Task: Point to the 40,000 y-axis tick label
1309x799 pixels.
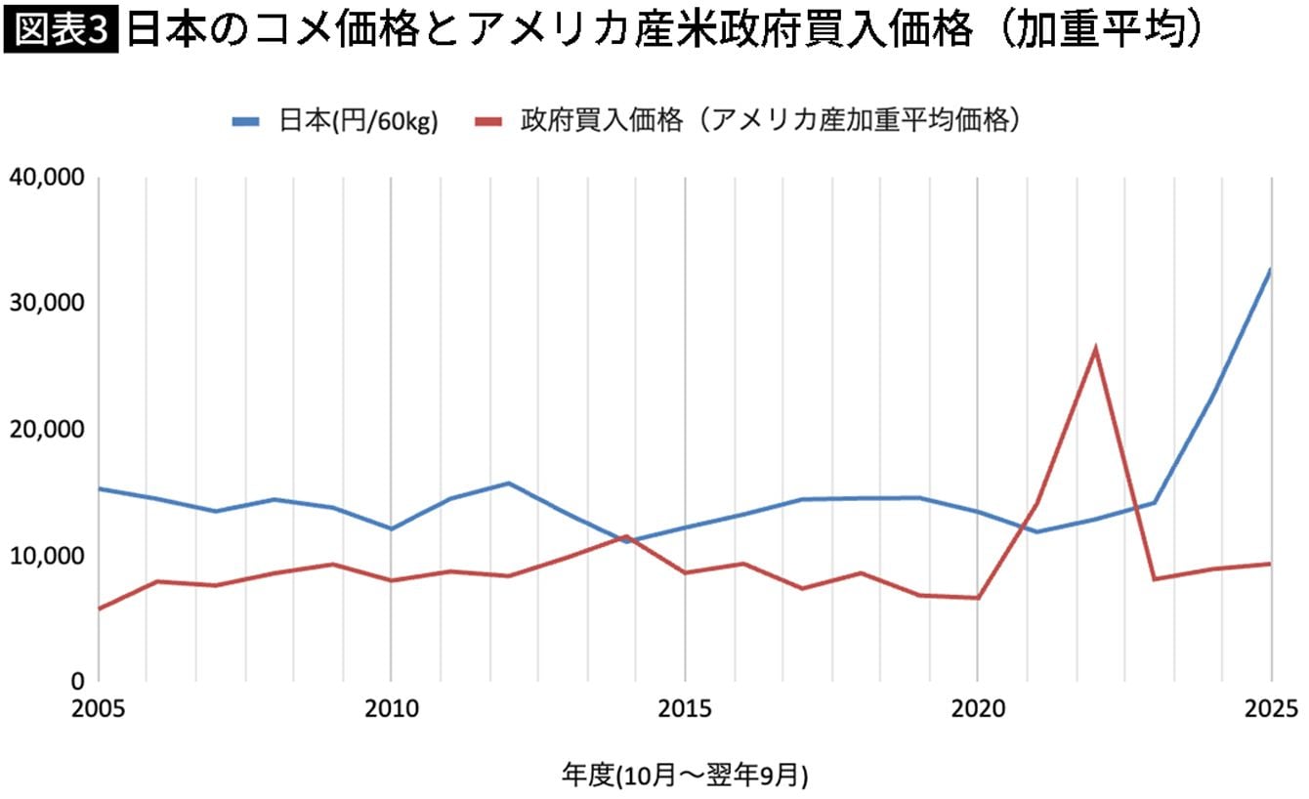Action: pyautogui.click(x=48, y=178)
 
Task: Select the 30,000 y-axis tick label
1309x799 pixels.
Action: pyautogui.click(x=48, y=304)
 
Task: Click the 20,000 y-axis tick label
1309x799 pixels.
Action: pyautogui.click(x=48, y=430)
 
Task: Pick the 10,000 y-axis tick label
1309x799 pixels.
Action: pyautogui.click(x=48, y=556)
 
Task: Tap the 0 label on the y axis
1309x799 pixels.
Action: pyautogui.click(x=78, y=681)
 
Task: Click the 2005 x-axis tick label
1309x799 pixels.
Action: pyautogui.click(x=99, y=707)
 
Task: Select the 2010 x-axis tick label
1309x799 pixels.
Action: pyautogui.click(x=391, y=707)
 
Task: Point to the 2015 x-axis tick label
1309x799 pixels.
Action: pyautogui.click(x=685, y=707)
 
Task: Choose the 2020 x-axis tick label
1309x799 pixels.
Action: pyautogui.click(x=978, y=707)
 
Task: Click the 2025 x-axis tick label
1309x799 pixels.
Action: pyautogui.click(x=1271, y=707)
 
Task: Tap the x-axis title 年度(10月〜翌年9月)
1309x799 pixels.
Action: pyautogui.click(x=685, y=775)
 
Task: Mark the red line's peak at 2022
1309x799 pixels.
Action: pyautogui.click(x=1096, y=348)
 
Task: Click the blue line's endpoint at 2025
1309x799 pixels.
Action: pyautogui.click(x=1271, y=269)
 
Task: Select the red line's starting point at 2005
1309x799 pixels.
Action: pyautogui.click(x=100, y=609)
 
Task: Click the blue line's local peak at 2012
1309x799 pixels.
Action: pyautogui.click(x=509, y=483)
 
